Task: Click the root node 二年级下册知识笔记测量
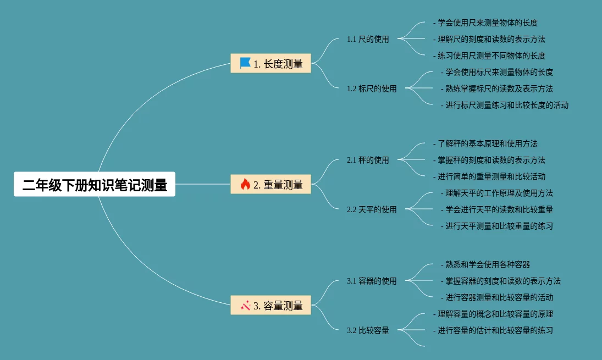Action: (x=95, y=185)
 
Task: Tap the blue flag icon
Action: (x=245, y=63)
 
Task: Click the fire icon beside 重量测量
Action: (x=245, y=185)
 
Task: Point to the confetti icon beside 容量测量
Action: (x=245, y=305)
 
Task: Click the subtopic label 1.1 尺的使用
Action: (x=368, y=39)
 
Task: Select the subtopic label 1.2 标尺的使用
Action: (x=372, y=88)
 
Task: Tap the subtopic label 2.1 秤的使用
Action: (x=368, y=160)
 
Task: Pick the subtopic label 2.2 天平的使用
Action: (x=372, y=209)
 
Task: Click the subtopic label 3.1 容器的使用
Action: (x=372, y=281)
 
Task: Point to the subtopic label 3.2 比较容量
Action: (x=368, y=330)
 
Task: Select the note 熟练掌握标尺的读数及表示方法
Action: (x=499, y=88)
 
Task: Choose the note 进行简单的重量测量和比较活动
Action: (x=491, y=176)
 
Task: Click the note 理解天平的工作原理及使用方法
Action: (x=499, y=193)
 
